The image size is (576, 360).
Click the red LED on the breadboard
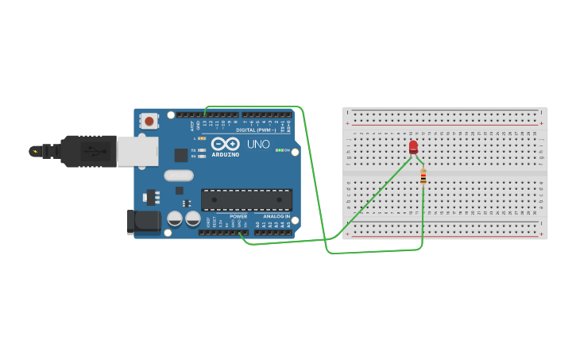coord(413,147)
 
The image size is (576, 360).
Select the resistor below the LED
coord(423,177)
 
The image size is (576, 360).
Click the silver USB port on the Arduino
coord(137,151)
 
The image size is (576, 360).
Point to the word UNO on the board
coord(259,145)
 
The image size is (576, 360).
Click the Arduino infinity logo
coord(226,144)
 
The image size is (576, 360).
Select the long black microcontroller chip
coord(246,199)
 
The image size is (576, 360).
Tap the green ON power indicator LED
coord(279,149)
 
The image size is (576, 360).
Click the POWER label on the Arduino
coord(238,216)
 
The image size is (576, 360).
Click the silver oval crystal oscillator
coord(179,175)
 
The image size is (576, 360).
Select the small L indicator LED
coord(203,138)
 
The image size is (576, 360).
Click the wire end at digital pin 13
coord(205,116)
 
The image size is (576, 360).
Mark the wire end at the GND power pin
coord(240,232)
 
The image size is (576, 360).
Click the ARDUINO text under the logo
coord(226,155)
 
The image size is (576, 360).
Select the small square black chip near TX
coord(181,155)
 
